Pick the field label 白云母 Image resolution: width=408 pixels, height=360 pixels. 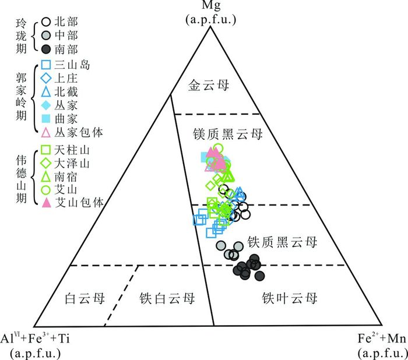(x=85, y=298)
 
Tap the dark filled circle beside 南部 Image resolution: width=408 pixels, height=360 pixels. (x=46, y=49)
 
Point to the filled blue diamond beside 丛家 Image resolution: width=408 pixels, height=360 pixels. (x=46, y=105)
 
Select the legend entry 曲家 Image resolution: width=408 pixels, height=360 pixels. (x=66, y=118)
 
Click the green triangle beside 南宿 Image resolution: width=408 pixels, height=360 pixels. (x=46, y=176)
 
